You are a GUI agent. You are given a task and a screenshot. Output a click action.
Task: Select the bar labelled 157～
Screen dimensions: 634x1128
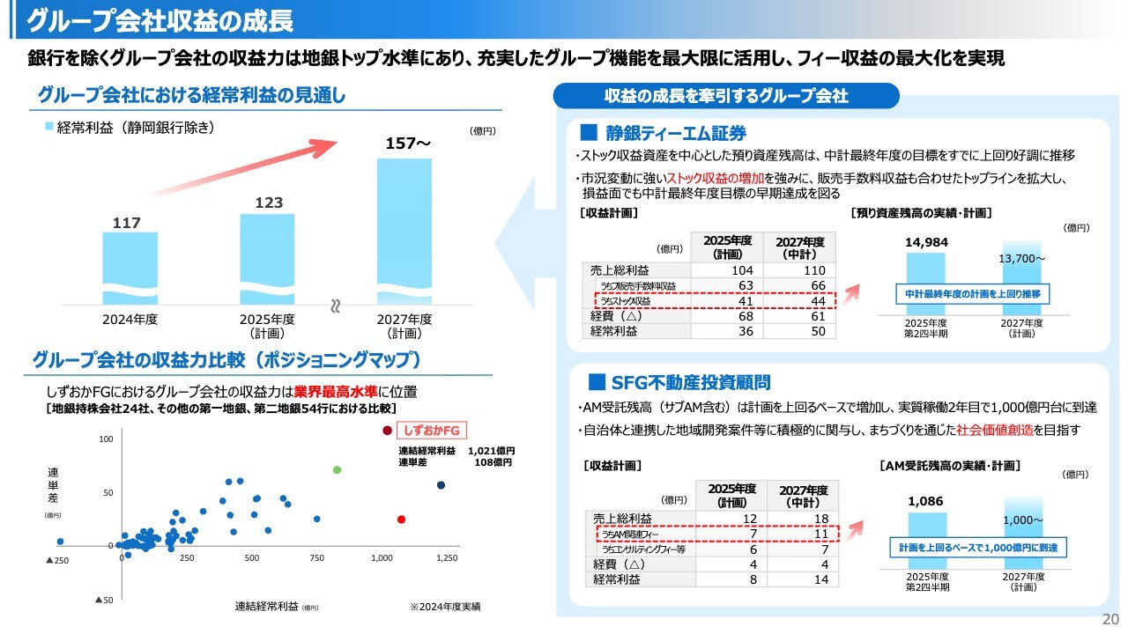point(404,229)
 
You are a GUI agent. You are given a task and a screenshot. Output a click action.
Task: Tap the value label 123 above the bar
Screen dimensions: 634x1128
point(269,203)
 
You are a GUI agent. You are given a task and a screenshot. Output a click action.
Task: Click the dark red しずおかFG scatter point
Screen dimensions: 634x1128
point(386,431)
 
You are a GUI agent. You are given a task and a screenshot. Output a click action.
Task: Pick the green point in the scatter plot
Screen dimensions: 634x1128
point(337,470)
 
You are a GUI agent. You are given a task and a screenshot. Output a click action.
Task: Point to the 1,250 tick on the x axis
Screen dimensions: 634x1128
point(447,558)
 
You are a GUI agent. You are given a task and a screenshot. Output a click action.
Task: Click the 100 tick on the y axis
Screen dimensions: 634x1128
point(105,439)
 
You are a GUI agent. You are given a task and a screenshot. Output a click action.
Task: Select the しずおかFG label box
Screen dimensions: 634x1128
point(432,431)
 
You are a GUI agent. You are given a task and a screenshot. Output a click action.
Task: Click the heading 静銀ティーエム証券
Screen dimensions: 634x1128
point(676,133)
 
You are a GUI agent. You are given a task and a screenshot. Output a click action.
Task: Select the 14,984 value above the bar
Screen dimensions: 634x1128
point(925,242)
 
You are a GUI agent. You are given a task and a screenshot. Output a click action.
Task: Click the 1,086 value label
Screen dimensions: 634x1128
point(925,501)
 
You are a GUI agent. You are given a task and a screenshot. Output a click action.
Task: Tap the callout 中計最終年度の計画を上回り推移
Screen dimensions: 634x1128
point(973,293)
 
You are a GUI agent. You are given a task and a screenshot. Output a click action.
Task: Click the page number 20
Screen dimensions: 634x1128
point(1110,618)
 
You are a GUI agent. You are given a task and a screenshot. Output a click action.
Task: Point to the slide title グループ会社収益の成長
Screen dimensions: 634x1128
point(161,19)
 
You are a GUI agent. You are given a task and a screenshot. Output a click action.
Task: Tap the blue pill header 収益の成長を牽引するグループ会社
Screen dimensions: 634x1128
point(725,96)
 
